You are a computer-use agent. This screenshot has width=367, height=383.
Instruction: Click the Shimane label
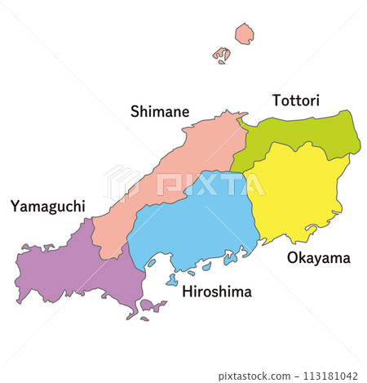(x=160, y=111)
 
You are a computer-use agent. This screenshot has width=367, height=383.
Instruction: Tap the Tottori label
(x=295, y=100)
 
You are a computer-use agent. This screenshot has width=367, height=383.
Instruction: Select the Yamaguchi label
(x=48, y=206)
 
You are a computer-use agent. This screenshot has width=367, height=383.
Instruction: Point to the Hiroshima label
(x=216, y=292)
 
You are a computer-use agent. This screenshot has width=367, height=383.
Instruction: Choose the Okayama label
(x=318, y=258)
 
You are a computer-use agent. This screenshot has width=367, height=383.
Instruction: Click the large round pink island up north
(x=244, y=33)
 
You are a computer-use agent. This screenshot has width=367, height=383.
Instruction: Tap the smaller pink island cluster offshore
(x=222, y=56)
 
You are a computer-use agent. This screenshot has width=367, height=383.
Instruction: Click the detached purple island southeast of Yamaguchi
(x=153, y=306)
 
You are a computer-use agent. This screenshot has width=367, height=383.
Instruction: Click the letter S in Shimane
(x=135, y=111)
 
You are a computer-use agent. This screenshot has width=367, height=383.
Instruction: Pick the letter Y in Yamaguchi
(x=15, y=206)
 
